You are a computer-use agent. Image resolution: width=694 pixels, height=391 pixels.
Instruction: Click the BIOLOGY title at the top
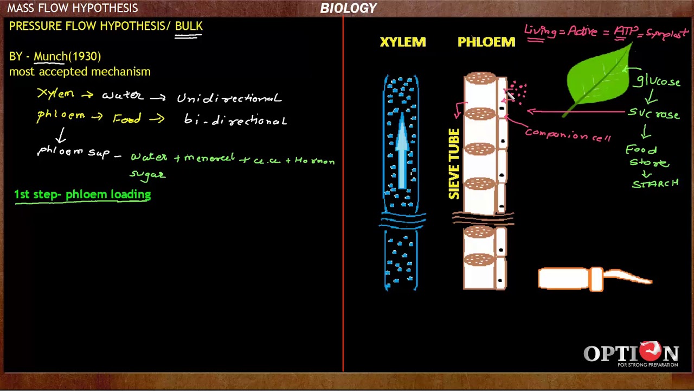348,8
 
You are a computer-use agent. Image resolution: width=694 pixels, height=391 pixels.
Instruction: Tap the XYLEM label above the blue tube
403,42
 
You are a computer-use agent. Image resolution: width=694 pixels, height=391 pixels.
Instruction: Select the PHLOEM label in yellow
486,42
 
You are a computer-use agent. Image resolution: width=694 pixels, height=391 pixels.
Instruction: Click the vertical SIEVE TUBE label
454,163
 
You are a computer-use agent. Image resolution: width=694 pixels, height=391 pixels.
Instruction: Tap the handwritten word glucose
658,81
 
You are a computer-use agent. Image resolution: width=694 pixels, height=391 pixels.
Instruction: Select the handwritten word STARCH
655,184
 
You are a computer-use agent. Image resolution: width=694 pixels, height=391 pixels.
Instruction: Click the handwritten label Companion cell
568,135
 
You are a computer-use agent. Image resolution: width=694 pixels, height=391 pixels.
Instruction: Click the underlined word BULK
189,26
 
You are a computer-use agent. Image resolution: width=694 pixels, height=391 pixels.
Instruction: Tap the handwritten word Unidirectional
229,98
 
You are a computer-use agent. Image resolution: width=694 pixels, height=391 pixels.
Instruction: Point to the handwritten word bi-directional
235,120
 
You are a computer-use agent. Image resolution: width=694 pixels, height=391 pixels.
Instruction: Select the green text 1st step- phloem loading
82,194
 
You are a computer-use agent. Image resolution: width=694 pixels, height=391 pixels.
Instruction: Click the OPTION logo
631,354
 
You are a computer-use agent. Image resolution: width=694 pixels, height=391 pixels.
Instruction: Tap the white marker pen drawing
594,279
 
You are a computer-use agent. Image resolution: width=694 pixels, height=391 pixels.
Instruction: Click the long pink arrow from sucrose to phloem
575,112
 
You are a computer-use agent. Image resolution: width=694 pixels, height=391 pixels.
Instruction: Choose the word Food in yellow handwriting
127,119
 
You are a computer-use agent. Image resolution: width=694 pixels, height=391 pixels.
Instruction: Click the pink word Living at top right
540,31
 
